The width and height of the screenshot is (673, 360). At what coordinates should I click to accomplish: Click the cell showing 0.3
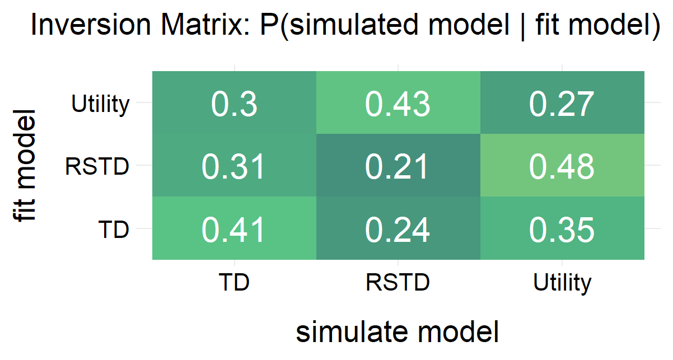(234, 104)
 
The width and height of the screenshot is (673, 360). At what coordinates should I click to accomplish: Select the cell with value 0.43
(398, 104)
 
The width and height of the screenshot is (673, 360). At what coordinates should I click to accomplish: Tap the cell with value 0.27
(562, 104)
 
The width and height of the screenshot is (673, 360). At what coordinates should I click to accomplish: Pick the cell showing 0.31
(234, 166)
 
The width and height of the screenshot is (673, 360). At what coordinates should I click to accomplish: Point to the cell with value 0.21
(398, 166)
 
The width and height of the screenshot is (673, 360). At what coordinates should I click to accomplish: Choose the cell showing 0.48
(562, 166)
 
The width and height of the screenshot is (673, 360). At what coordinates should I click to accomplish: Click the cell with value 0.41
(234, 229)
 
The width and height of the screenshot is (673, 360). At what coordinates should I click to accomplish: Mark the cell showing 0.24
(398, 229)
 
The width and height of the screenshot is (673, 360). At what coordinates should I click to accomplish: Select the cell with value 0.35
(562, 229)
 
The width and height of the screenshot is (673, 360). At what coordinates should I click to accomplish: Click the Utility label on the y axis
(101, 104)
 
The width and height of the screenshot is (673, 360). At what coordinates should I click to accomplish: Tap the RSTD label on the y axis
(97, 166)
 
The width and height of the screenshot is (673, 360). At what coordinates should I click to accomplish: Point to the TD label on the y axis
(114, 229)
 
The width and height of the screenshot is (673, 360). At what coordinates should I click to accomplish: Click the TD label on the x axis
(234, 283)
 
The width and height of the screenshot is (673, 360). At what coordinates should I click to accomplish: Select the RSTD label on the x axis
(398, 283)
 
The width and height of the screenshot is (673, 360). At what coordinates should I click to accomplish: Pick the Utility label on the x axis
(562, 283)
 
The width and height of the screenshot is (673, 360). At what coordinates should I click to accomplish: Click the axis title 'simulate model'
(398, 332)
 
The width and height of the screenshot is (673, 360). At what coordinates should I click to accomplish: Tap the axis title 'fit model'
(26, 166)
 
